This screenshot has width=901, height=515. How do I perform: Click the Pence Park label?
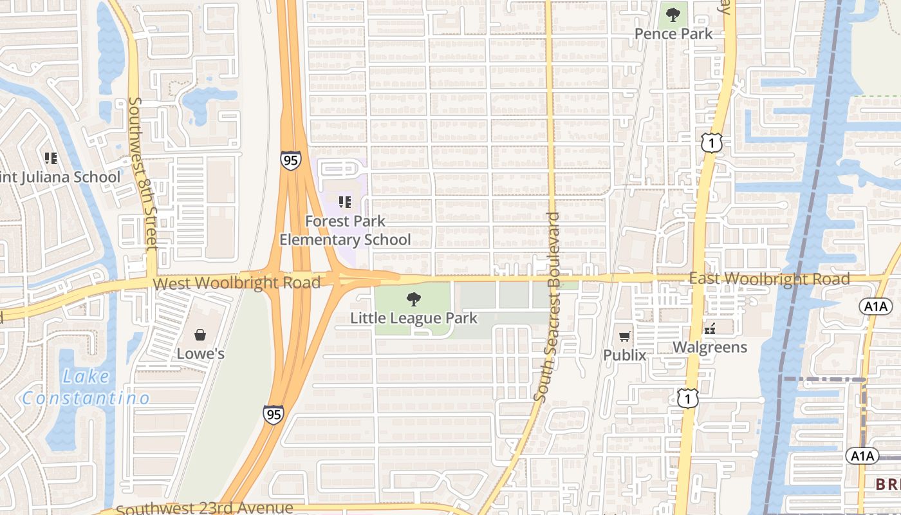pos(673,33)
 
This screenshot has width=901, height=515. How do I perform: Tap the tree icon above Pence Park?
pos(673,14)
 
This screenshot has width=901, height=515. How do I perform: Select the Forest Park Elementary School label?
pos(345,230)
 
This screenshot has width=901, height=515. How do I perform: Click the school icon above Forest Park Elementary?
pos(345,202)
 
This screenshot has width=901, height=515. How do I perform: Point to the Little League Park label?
pos(414,318)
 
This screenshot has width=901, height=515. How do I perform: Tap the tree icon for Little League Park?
pos(414,299)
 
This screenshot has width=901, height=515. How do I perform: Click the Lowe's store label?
pos(201,353)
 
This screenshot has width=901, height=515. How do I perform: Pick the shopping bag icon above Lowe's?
pos(200,335)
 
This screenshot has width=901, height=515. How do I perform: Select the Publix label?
pos(624,355)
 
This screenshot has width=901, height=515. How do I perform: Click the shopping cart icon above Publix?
pos(624,335)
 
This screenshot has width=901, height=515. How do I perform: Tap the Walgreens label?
pos(710,348)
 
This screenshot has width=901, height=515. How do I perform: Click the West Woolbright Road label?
pos(237,283)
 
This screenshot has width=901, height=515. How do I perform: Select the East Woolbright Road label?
pos(769,279)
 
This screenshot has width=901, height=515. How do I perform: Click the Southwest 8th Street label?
pos(144,174)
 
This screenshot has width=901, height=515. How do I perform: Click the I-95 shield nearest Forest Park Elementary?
pos(290,160)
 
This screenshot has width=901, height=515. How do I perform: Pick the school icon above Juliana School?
pos(51,158)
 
